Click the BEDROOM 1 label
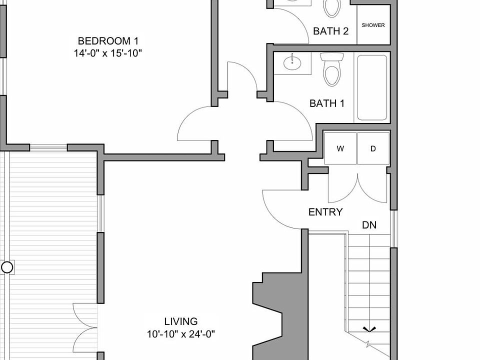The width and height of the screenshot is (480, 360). [x=108, y=41]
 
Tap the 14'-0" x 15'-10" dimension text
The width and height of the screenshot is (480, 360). [x=108, y=53]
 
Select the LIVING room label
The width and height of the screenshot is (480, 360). [x=181, y=321]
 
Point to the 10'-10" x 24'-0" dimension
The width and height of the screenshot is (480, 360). [x=181, y=334]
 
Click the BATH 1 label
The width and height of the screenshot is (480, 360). [x=327, y=103]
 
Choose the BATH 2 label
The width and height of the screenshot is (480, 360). [x=330, y=31]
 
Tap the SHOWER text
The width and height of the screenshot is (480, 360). [x=373, y=25]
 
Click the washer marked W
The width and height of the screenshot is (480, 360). [x=340, y=148]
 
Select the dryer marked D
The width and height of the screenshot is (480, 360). [x=373, y=148]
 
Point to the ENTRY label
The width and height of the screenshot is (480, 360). [x=325, y=212]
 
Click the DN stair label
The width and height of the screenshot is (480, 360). [x=369, y=225]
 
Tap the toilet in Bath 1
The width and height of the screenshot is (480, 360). [x=332, y=69]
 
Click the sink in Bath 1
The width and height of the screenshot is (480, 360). [x=292, y=63]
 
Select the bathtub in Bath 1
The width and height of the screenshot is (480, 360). [x=372, y=87]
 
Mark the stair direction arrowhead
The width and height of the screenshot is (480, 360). [x=369, y=329]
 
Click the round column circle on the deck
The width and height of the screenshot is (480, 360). [x=7, y=267]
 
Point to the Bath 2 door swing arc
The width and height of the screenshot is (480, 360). [x=300, y=21]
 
